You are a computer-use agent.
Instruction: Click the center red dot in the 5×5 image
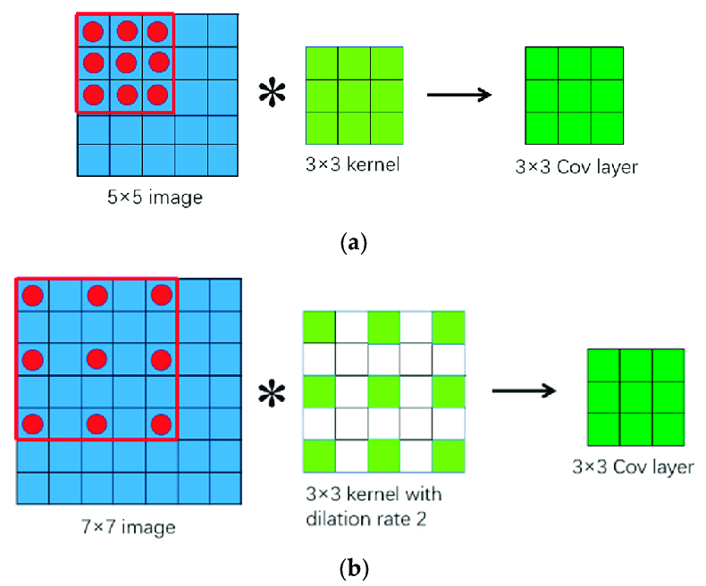tap(126, 63)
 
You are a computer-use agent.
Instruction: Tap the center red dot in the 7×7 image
tap(97, 359)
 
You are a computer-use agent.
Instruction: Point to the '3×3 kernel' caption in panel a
tap(354, 165)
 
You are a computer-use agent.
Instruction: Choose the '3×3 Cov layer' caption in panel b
tap(634, 466)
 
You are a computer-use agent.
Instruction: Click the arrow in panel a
tap(460, 95)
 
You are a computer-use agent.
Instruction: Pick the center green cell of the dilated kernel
tap(383, 391)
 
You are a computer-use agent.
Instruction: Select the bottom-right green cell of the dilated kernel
tap(449, 456)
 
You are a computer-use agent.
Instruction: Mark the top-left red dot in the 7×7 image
tap(33, 295)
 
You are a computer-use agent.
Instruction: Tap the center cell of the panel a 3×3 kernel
tap(354, 95)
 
